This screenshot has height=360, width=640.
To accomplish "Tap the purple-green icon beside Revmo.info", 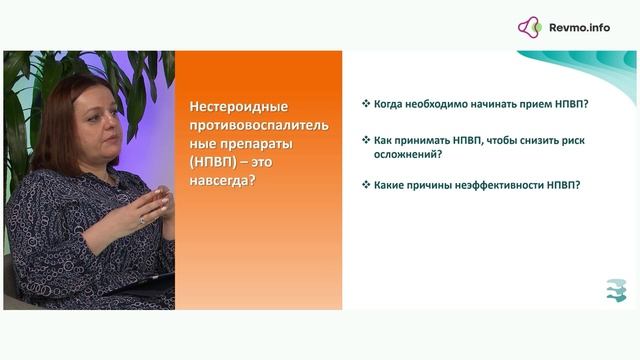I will (530, 27).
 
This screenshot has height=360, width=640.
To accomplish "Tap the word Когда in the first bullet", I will (389, 104).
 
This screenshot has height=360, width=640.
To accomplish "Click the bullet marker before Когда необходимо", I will (366, 104).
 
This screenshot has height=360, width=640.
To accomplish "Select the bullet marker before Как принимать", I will (366, 141).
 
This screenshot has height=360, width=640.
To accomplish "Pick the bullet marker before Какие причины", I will (366, 185).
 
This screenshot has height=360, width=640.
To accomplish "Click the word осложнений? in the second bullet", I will (407, 155).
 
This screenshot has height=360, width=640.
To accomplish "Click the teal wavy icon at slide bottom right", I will (616, 289).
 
